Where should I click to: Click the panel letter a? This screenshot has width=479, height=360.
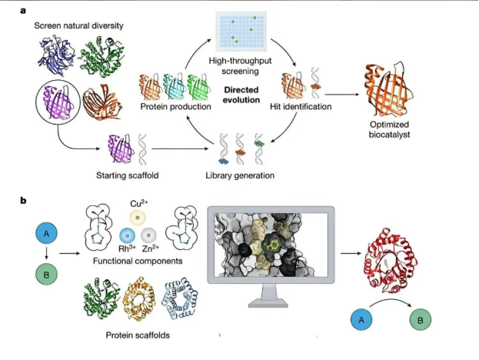point(23,11)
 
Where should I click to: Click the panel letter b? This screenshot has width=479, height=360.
point(23,201)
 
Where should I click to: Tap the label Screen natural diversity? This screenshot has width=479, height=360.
point(79,25)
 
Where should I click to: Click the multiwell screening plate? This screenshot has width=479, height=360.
point(241,32)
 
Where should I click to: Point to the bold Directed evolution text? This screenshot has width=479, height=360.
point(241,95)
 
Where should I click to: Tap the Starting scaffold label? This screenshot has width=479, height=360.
point(128,175)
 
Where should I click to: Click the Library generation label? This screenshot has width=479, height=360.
point(240,175)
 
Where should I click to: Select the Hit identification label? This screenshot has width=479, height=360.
point(301,107)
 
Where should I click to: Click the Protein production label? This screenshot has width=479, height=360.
point(175,107)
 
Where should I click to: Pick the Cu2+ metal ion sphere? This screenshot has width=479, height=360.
point(138,218)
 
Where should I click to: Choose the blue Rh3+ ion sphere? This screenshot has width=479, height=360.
point(128,235)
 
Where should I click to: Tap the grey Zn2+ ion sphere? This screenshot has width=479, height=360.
point(148,235)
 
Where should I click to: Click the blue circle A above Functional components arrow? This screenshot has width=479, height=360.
point(46,234)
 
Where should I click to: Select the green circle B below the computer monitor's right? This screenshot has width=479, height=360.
point(421,320)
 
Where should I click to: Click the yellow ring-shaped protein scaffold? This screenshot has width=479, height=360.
point(139,298)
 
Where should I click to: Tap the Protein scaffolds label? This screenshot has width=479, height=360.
point(138,335)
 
